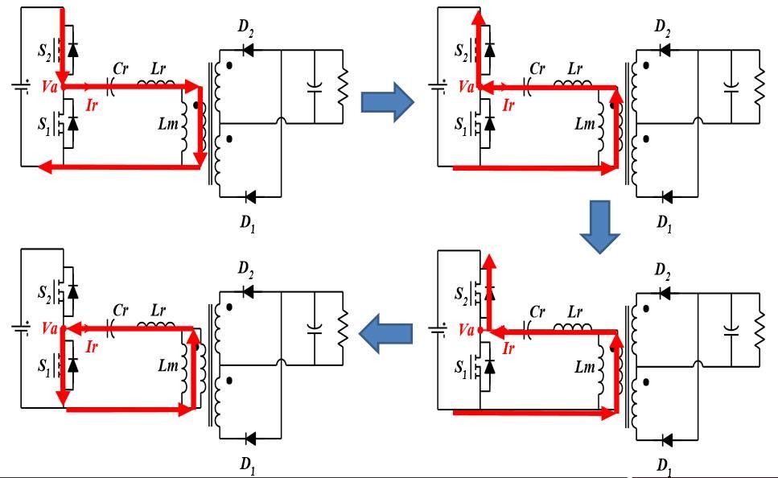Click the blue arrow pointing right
point(388,103)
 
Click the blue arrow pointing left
point(385,333)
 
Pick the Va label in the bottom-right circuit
point(464,329)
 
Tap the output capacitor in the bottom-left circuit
point(314,328)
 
